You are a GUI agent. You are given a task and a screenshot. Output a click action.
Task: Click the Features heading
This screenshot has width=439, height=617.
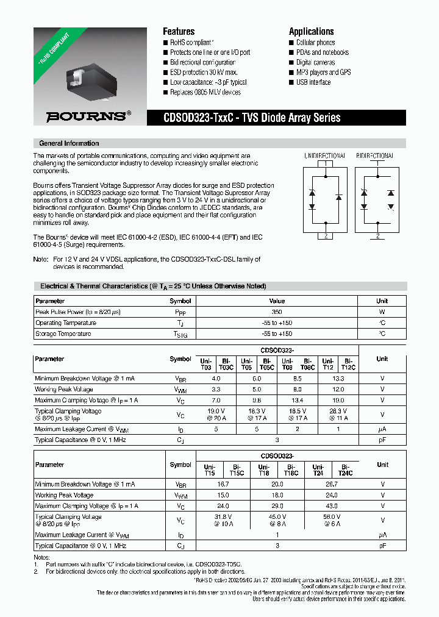click(179, 32)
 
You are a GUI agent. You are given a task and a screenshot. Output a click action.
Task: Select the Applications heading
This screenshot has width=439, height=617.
click(311, 32)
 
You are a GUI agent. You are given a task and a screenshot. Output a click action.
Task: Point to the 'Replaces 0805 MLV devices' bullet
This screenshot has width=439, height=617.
click(205, 93)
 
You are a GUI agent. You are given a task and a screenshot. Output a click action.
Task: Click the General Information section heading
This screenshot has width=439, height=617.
click(69, 143)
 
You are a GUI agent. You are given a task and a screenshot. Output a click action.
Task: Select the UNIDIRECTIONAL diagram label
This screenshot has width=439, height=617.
click(324, 155)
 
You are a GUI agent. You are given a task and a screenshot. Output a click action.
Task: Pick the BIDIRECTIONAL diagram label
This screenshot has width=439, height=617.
click(375, 155)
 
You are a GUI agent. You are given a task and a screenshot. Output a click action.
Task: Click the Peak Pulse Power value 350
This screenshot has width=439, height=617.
click(277, 312)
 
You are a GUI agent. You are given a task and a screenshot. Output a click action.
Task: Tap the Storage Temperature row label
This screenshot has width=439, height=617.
click(63, 333)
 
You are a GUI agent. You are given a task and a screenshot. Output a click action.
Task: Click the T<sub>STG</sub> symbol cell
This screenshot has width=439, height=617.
click(180, 334)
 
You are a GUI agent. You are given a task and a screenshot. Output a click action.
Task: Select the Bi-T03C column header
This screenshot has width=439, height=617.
click(226, 363)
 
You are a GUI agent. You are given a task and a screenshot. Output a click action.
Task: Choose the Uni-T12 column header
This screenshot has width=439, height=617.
click(328, 363)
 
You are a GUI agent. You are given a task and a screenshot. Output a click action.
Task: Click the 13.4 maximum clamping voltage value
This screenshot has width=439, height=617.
click(297, 400)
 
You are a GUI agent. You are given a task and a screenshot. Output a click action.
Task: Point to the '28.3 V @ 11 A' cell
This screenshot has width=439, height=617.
click(338, 415)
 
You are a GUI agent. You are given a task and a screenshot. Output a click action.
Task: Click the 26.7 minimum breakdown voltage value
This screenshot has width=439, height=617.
click(332, 483)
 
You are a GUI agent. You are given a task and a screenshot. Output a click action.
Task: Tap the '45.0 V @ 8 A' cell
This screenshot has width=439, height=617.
click(277, 519)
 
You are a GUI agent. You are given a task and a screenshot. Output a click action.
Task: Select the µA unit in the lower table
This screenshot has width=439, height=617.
click(382, 535)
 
